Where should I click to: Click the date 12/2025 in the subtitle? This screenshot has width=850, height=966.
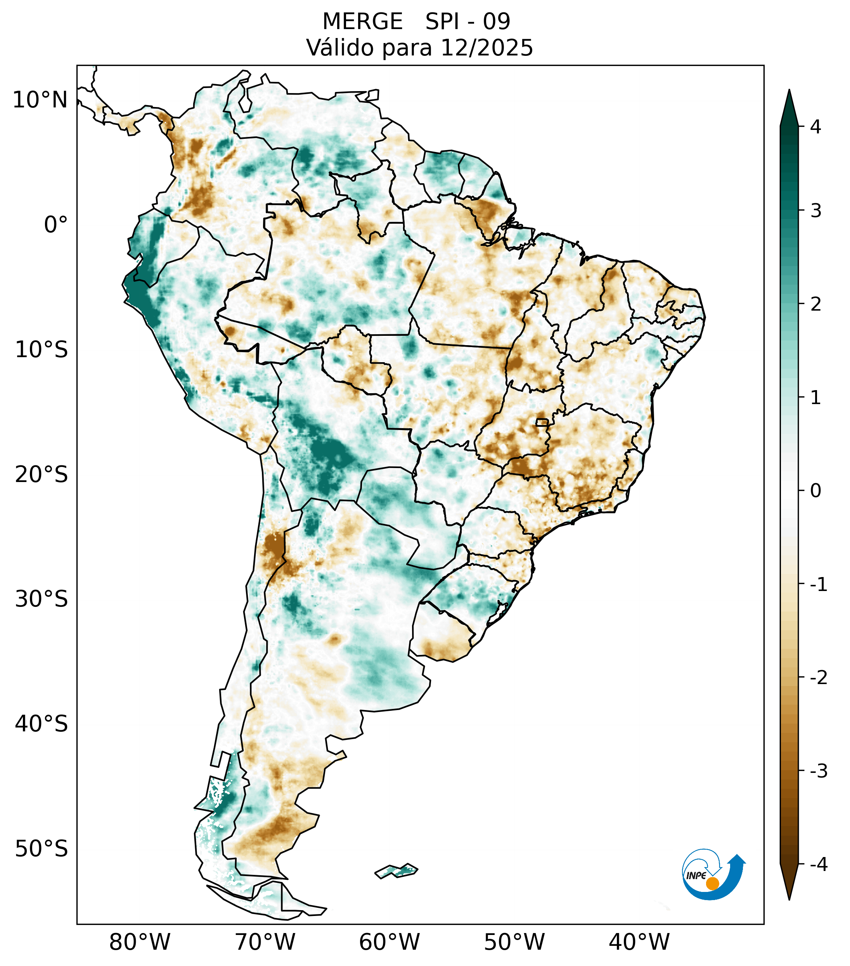(x=486, y=48)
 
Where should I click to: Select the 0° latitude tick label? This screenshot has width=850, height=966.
(x=56, y=225)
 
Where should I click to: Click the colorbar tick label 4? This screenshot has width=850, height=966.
(x=815, y=127)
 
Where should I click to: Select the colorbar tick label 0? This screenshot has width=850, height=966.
(x=815, y=491)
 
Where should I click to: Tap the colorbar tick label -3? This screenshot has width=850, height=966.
(x=818, y=771)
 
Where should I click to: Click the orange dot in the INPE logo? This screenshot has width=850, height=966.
(x=712, y=883)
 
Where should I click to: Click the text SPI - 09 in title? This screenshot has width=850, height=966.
(x=467, y=22)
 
